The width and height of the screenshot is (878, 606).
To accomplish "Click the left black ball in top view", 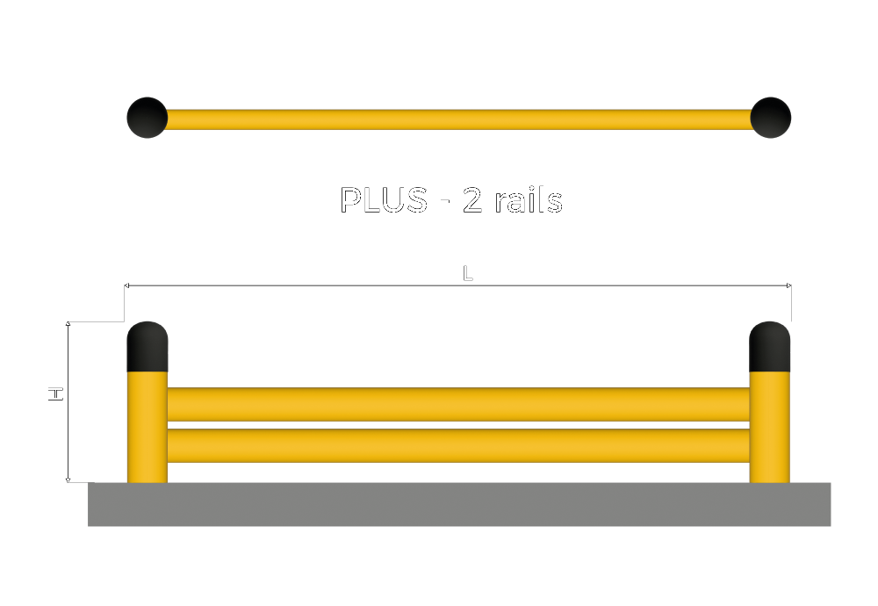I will point(148,118).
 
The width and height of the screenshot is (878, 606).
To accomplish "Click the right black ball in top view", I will point(771,118).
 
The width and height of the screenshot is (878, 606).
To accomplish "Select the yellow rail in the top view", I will point(458,119).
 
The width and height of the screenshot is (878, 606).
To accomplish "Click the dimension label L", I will point(468,274).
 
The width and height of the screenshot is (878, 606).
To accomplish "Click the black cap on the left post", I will point(148,347).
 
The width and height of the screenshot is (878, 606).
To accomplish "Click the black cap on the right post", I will point(769,347).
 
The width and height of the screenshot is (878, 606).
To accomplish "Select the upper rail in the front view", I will point(458,404).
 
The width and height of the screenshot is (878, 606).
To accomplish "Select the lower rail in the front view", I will point(458,444).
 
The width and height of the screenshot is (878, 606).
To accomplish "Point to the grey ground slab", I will point(458,504).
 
